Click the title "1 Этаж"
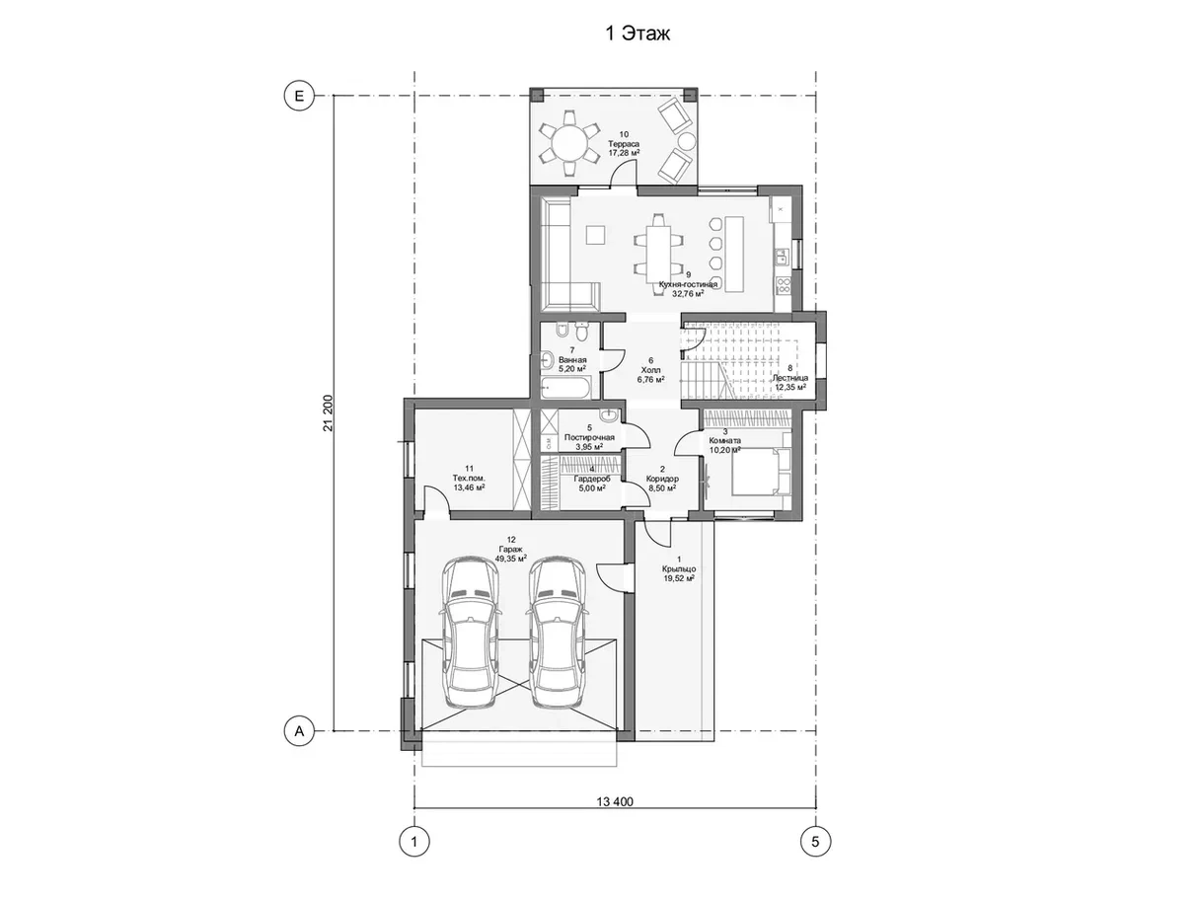(637, 34)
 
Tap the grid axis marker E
(299, 96)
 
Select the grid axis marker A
(299, 730)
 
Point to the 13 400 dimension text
(615, 802)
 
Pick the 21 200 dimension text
(328, 413)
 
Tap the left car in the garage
(471, 633)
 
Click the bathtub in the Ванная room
(565, 389)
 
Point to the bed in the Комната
(762, 471)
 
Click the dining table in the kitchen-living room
(658, 254)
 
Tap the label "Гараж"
(510, 549)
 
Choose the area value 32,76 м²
(688, 293)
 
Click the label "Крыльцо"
(679, 568)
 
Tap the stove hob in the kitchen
(784, 284)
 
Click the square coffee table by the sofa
(595, 235)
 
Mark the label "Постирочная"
(589, 437)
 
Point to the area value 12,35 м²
(790, 387)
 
